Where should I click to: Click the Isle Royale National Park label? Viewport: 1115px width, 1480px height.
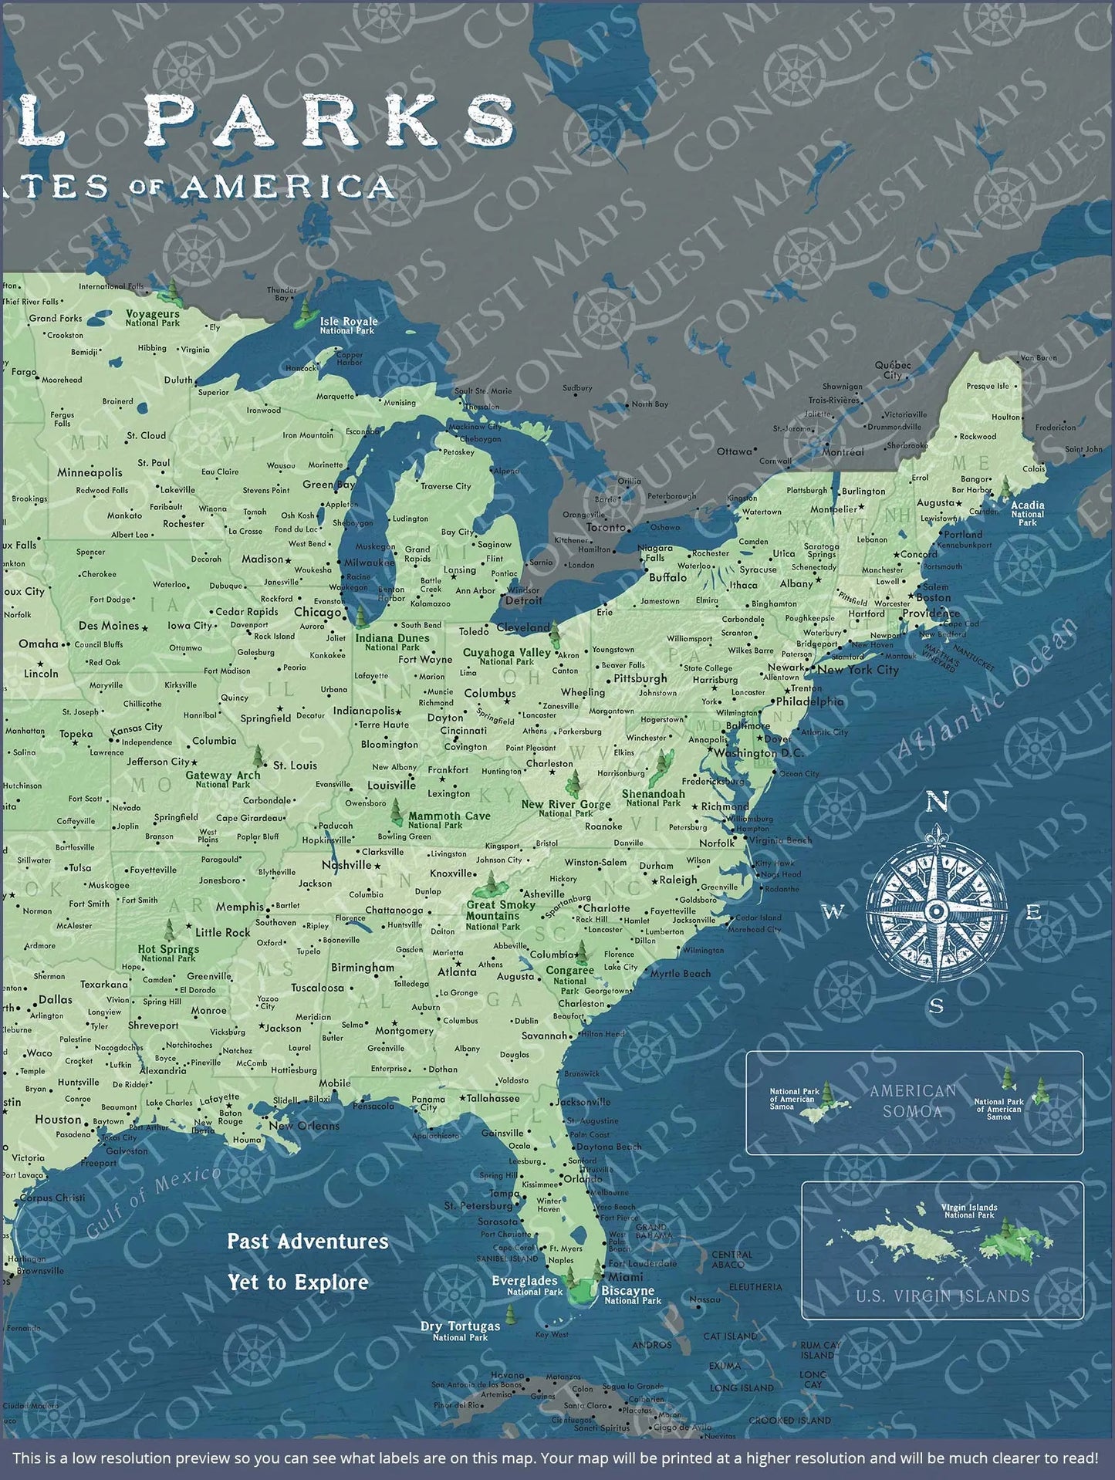(x=349, y=325)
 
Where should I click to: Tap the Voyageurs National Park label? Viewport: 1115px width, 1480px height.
(x=154, y=318)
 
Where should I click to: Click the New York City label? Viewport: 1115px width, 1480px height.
(x=858, y=670)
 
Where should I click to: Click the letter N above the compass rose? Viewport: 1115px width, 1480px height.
(x=936, y=803)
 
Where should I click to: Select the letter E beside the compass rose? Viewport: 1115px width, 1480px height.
(x=1034, y=913)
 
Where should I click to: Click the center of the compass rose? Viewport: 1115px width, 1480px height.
(x=937, y=912)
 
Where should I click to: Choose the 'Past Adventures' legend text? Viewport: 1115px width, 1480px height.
(x=307, y=1242)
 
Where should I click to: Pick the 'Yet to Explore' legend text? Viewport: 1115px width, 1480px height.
(x=297, y=1282)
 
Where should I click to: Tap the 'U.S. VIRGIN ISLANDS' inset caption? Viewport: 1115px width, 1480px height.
(x=942, y=1296)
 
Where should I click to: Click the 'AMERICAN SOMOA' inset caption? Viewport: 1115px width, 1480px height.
(x=913, y=1101)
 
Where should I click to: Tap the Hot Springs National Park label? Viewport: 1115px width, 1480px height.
(x=168, y=954)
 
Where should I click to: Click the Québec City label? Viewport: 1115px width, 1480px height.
(x=893, y=370)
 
